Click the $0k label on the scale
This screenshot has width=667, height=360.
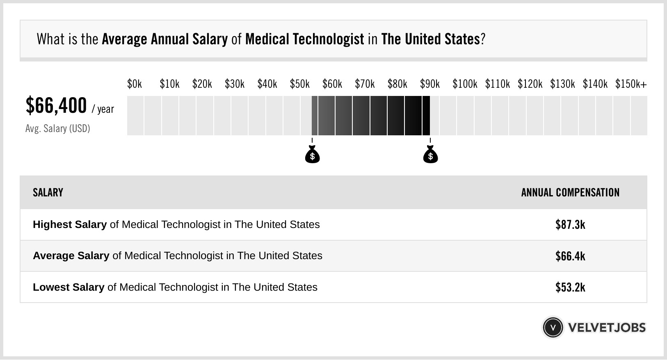pos(134,84)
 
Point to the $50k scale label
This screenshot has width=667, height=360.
pos(299,84)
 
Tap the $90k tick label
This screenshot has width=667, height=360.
pos(429,84)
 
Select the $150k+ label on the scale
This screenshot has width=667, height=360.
pos(630,84)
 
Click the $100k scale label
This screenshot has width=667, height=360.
pos(464,84)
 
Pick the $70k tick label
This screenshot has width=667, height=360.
pos(365,84)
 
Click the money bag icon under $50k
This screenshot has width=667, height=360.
pos(312,155)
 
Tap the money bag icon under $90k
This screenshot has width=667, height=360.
pos(430,155)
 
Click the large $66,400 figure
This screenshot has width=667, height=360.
pos(56,105)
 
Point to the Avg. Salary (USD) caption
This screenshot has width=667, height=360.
pos(57,129)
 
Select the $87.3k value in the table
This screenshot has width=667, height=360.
pos(570,225)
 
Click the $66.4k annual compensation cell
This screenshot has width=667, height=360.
pos(570,256)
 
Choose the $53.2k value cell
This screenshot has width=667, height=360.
pos(570,287)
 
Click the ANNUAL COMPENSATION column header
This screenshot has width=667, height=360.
pos(570,193)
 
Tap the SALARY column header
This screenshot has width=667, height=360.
pos(48,193)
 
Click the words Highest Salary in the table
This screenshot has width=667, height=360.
pos(70,225)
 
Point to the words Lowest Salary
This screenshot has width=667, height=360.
pos(69,287)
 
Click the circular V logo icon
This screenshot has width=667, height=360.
pos(553,328)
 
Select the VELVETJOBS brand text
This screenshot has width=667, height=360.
pos(607,328)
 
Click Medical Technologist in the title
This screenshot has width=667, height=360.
pos(304,39)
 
